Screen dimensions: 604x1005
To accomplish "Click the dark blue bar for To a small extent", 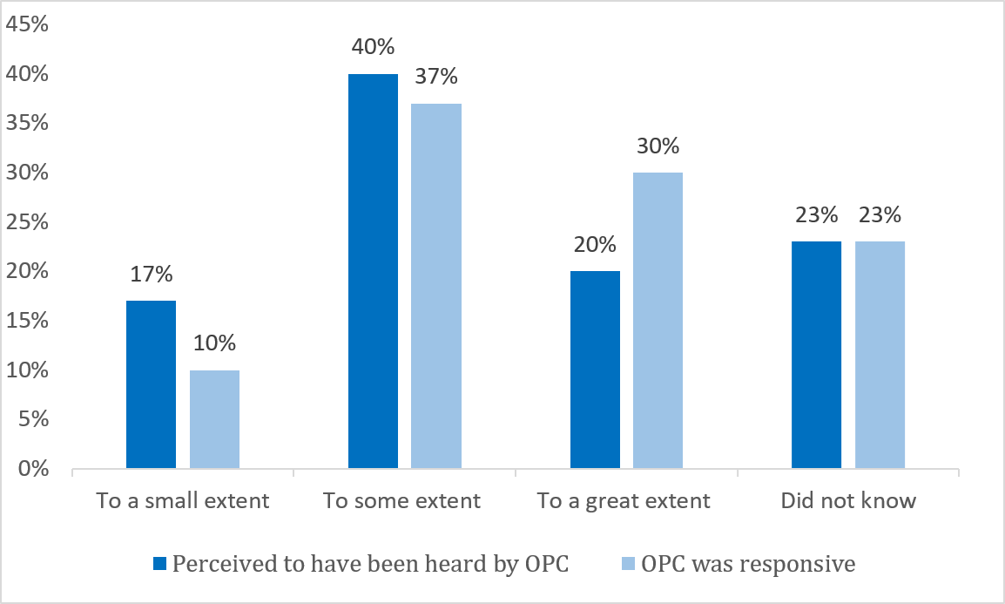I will (x=151, y=385).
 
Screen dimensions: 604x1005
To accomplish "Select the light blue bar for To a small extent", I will (x=214, y=420).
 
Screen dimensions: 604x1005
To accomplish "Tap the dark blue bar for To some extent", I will (x=373, y=272).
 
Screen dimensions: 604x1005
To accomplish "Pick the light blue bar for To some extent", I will (x=436, y=287).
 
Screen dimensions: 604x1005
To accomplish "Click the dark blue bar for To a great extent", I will (x=595, y=370).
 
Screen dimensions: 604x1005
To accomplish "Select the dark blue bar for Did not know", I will (x=817, y=356).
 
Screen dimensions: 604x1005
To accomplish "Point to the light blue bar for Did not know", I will (x=880, y=356).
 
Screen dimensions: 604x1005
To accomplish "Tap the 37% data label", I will (x=436, y=77).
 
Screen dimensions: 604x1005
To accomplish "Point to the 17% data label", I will (x=151, y=274).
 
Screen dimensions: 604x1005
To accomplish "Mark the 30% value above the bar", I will (x=658, y=146).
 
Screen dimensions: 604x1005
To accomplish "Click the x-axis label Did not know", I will (x=848, y=501).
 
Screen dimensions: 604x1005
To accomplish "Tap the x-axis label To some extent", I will (x=401, y=501).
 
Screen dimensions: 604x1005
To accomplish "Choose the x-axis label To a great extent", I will (x=624, y=501).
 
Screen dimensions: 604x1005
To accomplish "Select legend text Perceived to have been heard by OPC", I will (x=370, y=564).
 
